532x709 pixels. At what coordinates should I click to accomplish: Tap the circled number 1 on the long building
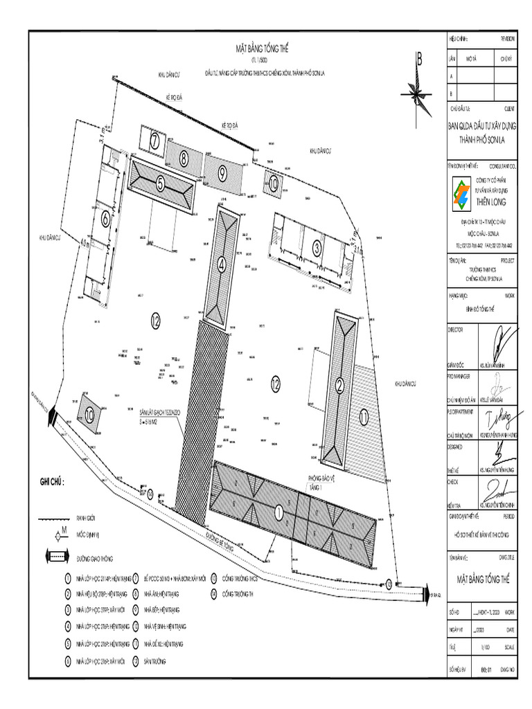[278, 513]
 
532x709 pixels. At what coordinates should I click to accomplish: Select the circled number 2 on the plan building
[340, 386]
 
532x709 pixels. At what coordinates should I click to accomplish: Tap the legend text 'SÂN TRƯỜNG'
[158, 661]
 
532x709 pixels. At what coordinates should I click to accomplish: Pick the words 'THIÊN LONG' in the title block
[491, 201]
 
